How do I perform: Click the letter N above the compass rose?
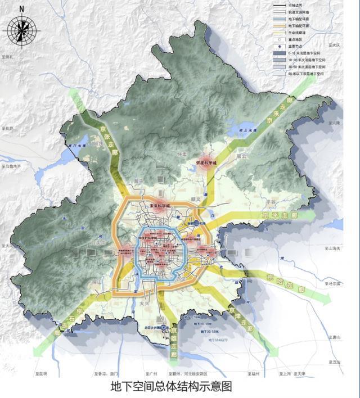21,10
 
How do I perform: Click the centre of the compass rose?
21,31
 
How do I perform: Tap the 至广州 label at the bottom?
150,373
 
